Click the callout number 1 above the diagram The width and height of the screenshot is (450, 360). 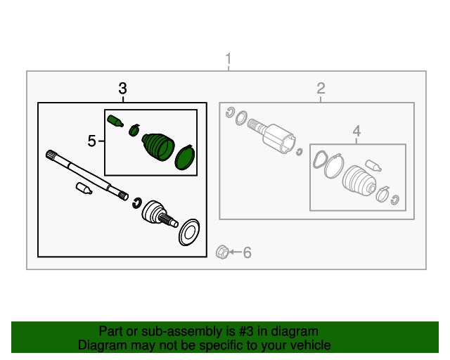[229, 58]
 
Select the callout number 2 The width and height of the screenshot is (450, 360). [321, 88]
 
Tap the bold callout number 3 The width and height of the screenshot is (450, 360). [122, 89]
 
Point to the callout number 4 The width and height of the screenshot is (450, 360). [356, 131]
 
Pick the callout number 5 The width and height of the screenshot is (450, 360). [91, 141]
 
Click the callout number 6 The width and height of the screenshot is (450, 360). [247, 252]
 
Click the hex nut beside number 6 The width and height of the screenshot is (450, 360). [222, 252]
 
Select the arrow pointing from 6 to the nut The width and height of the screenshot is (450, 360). [236, 252]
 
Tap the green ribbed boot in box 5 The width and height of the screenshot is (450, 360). [158, 146]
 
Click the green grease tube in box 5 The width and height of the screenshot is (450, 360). [115, 121]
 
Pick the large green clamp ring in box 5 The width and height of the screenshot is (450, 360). [185, 157]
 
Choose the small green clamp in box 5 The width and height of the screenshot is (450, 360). [134, 130]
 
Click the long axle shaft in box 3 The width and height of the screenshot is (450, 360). [87, 175]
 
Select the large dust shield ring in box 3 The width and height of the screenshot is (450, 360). [189, 232]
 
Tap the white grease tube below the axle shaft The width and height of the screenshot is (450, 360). [84, 188]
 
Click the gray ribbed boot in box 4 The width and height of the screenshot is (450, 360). [359, 181]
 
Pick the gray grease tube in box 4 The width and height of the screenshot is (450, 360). [373, 166]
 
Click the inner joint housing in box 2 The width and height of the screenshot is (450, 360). [278, 139]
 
